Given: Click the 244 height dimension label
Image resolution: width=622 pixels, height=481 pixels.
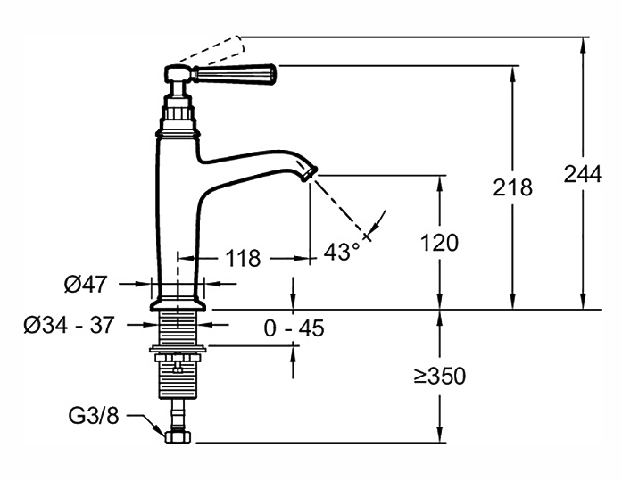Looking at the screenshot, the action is [x=583, y=174].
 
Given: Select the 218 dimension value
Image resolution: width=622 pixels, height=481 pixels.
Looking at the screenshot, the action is [x=512, y=187].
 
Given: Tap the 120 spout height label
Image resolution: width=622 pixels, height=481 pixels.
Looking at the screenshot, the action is [x=439, y=243].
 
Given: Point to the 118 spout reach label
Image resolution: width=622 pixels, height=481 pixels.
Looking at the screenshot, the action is [x=243, y=259].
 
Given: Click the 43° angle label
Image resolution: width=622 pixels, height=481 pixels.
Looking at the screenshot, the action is [x=342, y=252].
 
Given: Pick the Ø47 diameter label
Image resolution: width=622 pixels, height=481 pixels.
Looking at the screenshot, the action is [x=86, y=284].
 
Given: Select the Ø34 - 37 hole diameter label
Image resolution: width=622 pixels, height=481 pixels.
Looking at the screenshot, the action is [x=69, y=325].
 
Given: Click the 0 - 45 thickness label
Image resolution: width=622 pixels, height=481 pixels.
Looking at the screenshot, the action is [x=294, y=328].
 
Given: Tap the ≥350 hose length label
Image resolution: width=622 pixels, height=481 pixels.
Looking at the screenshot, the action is [x=440, y=376].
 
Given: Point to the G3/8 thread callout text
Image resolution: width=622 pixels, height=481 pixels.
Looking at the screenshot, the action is [x=94, y=416].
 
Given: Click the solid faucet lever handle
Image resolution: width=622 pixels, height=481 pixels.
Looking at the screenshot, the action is [x=234, y=73].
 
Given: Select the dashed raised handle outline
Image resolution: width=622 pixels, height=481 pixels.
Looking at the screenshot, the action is [x=212, y=50].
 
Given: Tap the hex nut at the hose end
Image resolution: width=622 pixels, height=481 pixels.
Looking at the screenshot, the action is [x=178, y=436].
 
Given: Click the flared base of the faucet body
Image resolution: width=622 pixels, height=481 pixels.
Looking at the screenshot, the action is [x=178, y=303].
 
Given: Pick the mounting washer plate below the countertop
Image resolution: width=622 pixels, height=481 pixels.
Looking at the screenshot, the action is [x=178, y=349].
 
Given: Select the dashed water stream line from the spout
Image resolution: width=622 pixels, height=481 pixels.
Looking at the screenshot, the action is [x=341, y=208].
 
